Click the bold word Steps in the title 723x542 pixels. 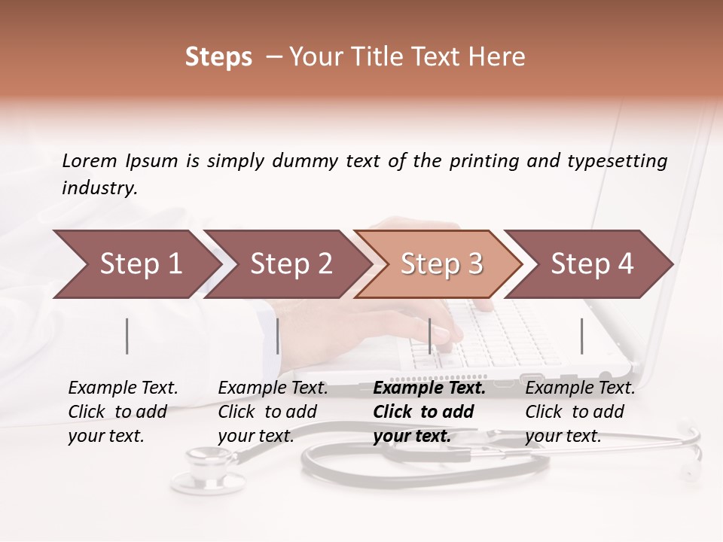click(x=218, y=57)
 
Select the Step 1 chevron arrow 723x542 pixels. click(x=136, y=263)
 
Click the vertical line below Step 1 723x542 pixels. click(x=127, y=336)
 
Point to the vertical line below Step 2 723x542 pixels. click(x=278, y=336)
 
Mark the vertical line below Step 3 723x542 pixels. click(x=430, y=336)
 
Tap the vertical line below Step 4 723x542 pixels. click(x=581, y=336)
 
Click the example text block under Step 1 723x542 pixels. click(x=122, y=412)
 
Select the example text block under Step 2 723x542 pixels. click(x=272, y=412)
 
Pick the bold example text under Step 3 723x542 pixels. click(x=429, y=412)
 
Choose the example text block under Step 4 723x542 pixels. click(x=579, y=412)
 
